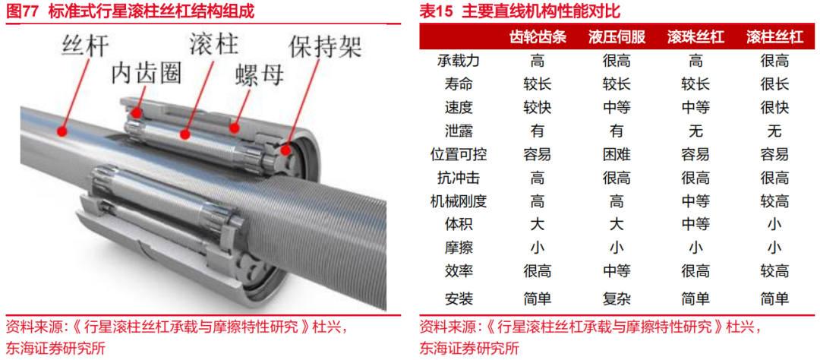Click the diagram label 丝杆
pos(85,46)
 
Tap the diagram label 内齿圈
pos(147,74)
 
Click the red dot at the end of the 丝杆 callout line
pos(62,130)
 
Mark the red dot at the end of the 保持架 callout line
pos(285,150)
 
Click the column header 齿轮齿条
pos(538,37)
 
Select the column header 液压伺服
pos(617,37)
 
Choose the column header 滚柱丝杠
pos(774,37)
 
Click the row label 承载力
pos(459,61)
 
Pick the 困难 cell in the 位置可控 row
pos(617,154)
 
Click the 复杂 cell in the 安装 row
pos(617,298)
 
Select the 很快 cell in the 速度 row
pos(774,107)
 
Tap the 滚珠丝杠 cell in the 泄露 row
pos(695,131)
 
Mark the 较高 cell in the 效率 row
pos(774,271)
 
